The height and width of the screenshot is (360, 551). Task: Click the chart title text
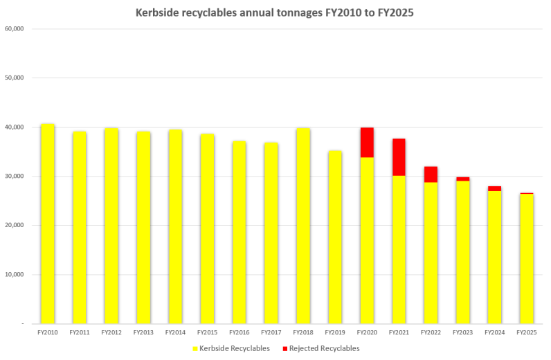(275, 12)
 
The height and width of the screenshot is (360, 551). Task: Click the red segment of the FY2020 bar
(367, 143)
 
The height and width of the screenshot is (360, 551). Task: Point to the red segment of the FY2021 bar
(399, 157)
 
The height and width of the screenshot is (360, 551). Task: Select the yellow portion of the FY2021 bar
(399, 249)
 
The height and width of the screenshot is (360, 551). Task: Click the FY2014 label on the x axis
(175, 333)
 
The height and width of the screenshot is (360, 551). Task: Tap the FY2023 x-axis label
(462, 333)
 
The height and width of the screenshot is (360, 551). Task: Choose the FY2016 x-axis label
(240, 333)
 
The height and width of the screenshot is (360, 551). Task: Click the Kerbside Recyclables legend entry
(231, 348)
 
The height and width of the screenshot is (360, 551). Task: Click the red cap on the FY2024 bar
(494, 188)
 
